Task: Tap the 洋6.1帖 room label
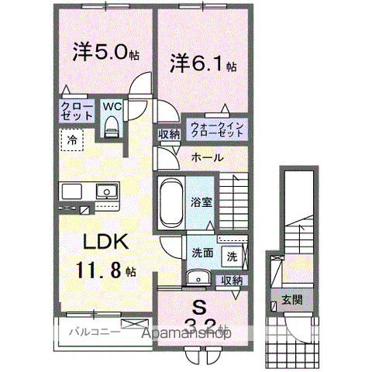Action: tap(199, 61)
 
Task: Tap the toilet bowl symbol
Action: tap(110, 126)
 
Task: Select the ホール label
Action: tap(208, 157)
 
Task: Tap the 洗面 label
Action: tap(203, 252)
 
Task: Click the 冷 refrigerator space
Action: tap(71, 141)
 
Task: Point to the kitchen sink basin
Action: tap(103, 191)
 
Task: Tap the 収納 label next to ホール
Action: tap(169, 134)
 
